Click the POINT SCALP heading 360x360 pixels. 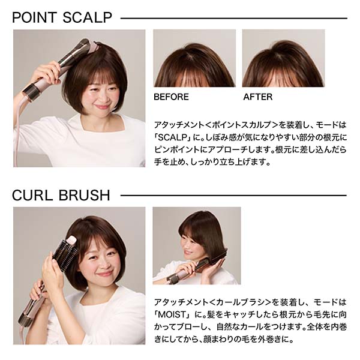point(62,17)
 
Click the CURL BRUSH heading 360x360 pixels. point(61,196)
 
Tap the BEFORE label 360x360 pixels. point(171,97)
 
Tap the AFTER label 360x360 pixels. point(258,97)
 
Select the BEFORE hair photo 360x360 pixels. point(194,58)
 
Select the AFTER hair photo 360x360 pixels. point(283,58)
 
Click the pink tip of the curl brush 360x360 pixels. point(71,241)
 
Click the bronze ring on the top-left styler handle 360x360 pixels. point(31,91)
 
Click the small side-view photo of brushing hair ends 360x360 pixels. point(197,245)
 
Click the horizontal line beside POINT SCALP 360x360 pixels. point(234,19)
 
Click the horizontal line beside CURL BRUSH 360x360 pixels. point(233,196)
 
